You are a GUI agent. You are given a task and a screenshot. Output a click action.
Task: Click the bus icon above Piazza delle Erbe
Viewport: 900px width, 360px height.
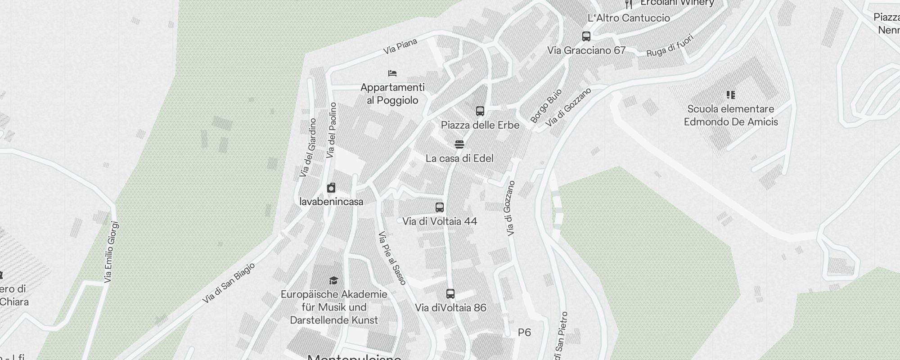click(x=480, y=111)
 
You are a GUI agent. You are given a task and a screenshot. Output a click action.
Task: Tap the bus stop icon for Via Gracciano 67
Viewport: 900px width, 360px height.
click(x=586, y=36)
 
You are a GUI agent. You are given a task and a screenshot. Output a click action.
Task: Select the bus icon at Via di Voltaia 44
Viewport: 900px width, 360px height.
click(x=440, y=207)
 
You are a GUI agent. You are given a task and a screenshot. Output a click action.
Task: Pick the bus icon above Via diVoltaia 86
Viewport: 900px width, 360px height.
click(x=450, y=294)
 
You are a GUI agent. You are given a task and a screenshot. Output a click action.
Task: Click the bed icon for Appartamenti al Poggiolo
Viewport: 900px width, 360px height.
click(x=392, y=73)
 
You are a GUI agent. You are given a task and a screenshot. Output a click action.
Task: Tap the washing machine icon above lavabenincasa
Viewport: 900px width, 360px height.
click(x=331, y=188)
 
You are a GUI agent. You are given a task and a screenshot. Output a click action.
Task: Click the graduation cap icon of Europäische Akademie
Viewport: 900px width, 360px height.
click(x=333, y=281)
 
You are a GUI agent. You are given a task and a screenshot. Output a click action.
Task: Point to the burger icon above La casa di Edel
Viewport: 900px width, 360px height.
click(x=459, y=144)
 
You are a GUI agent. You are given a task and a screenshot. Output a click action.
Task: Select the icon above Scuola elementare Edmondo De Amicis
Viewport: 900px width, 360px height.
click(x=731, y=95)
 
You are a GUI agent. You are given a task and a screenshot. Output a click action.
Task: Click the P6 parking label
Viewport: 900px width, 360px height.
click(x=524, y=333)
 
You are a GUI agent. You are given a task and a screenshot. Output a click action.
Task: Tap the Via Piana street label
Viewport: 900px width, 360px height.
click(x=400, y=47)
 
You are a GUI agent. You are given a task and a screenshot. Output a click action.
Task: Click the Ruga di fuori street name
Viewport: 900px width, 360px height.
click(x=670, y=45)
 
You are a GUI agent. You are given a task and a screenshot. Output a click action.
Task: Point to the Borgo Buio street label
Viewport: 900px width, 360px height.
click(x=546, y=106)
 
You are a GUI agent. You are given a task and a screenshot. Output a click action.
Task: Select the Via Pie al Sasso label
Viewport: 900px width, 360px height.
click(x=392, y=258)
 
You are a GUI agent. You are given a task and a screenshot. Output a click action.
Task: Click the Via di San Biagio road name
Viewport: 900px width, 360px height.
click(x=229, y=283)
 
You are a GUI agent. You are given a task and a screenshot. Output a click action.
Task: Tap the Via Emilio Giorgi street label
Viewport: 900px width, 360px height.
click(x=112, y=252)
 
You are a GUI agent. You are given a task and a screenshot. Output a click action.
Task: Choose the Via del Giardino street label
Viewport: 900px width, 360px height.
click(x=308, y=148)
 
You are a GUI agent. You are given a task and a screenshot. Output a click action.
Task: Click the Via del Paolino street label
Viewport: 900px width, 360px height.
click(x=332, y=130)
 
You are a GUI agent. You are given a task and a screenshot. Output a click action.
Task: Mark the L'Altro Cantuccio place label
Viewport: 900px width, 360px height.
click(x=629, y=18)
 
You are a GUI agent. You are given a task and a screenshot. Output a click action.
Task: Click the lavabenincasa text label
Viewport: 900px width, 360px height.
click(x=331, y=202)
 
